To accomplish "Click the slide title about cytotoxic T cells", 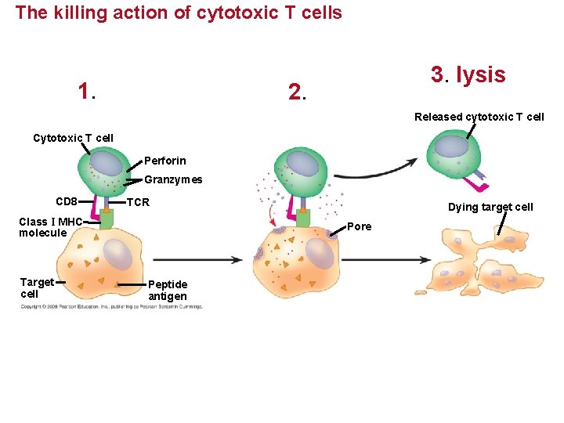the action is (179, 13).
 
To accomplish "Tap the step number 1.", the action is (86, 92).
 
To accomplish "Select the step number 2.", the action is (297, 93).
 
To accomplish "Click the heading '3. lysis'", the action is (468, 74).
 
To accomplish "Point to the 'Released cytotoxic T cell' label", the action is (479, 117).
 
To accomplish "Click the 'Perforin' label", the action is (165, 161).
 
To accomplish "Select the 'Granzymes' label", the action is (173, 179).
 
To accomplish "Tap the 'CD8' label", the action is (67, 201).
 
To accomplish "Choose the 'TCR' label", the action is (138, 202).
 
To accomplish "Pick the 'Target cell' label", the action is (37, 287).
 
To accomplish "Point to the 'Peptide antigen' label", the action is (168, 290).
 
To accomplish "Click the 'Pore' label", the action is (359, 226).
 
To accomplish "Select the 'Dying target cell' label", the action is (490, 207).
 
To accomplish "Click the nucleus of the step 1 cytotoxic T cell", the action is (107, 163).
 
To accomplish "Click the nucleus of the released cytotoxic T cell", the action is (450, 146).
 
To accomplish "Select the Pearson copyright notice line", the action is (111, 306).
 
